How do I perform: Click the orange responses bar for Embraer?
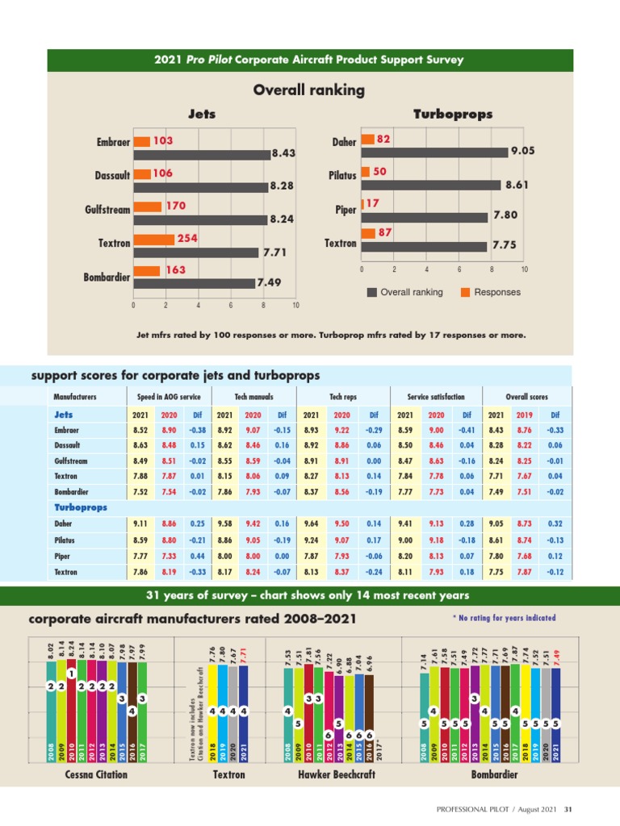tap(141, 141)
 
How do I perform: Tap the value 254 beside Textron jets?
tap(187, 239)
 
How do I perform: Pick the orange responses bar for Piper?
tap(363, 203)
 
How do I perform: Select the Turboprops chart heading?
tap(452, 115)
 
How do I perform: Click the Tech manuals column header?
tap(253, 397)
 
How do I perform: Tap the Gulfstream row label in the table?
tap(71, 461)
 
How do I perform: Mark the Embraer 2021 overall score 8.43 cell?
tap(496, 431)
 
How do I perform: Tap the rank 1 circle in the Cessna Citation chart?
tap(72, 674)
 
